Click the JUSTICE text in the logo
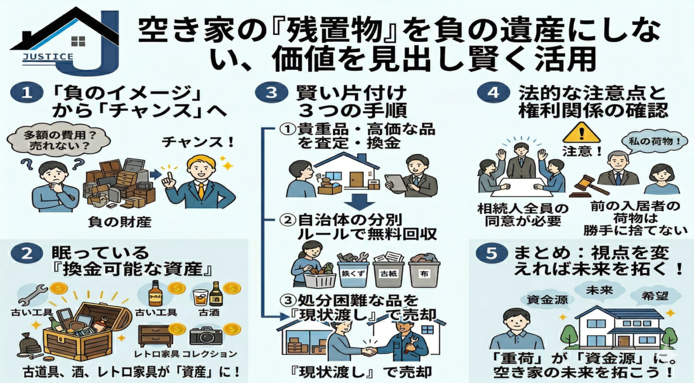click(x=48, y=57)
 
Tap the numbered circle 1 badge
click(x=27, y=93)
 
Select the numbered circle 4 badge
click(x=493, y=93)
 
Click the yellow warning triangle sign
click(x=581, y=133)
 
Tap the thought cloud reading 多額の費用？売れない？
click(x=59, y=141)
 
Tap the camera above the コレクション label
click(x=206, y=336)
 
